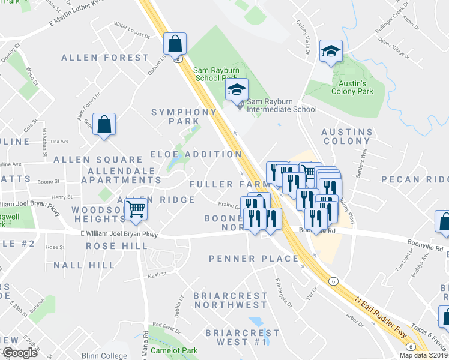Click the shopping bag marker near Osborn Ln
coord(175,44)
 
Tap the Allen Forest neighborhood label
coord(105,58)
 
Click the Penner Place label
coord(253,259)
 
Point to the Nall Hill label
coord(84,265)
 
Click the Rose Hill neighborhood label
coord(116,246)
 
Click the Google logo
coord(20,353)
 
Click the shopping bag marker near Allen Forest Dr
coord(104,125)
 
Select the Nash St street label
coord(157,275)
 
